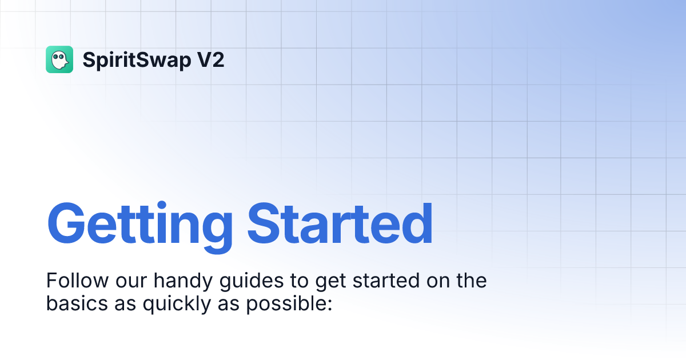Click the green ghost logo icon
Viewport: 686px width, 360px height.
(59, 59)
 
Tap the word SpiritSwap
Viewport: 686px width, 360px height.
(137, 61)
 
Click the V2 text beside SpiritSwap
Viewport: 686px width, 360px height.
(211, 59)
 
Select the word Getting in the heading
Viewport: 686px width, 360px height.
(140, 227)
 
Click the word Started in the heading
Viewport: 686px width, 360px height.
(340, 223)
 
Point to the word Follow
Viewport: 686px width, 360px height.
(78, 281)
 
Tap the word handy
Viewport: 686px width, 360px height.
(183, 281)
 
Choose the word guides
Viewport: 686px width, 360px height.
(252, 281)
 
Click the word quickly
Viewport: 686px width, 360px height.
(177, 304)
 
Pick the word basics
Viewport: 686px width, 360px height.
(77, 303)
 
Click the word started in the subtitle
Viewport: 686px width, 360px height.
(386, 281)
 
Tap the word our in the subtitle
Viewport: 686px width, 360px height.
(131, 283)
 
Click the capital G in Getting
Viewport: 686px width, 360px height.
(66, 223)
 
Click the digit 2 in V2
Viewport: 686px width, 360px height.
(218, 59)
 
